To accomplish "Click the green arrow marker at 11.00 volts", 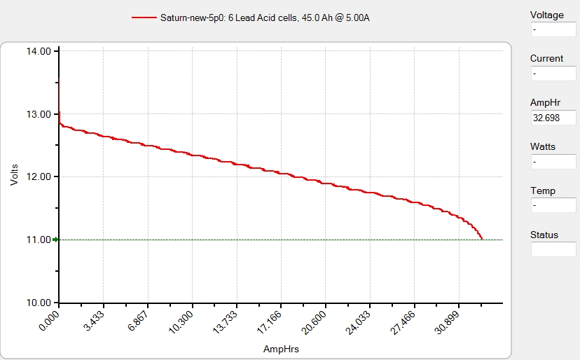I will coord(55,240).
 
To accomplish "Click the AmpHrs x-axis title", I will coord(280,348).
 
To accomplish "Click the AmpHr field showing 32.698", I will coord(553,118).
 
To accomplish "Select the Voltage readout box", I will coord(553,30).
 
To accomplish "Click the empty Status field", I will coord(553,249).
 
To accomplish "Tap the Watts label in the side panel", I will coord(543,146).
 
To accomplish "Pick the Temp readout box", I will coord(553,206).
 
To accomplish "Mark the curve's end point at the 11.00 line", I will coord(482,239).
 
